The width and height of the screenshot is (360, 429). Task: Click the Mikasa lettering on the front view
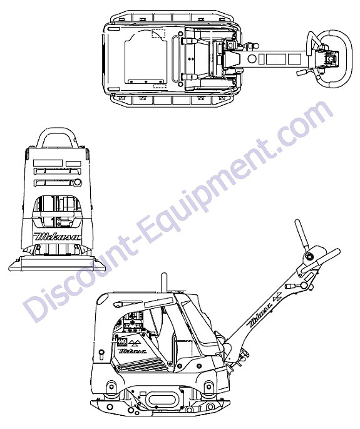tap(58, 236)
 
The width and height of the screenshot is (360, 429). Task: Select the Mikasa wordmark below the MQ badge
tap(132, 351)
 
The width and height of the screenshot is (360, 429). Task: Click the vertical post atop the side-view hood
tap(164, 282)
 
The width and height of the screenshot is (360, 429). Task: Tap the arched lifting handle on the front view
tap(58, 131)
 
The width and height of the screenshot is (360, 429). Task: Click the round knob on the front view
tap(78, 182)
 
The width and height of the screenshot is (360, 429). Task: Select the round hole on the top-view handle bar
tap(252, 59)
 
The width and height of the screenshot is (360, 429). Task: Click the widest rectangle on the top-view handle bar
tap(275, 59)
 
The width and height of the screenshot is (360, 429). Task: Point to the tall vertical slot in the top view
tap(176, 59)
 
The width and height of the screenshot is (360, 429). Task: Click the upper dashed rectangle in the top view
tap(158, 33)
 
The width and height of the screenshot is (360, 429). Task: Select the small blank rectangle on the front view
tap(73, 163)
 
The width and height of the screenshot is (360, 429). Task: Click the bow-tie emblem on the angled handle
tap(278, 296)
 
